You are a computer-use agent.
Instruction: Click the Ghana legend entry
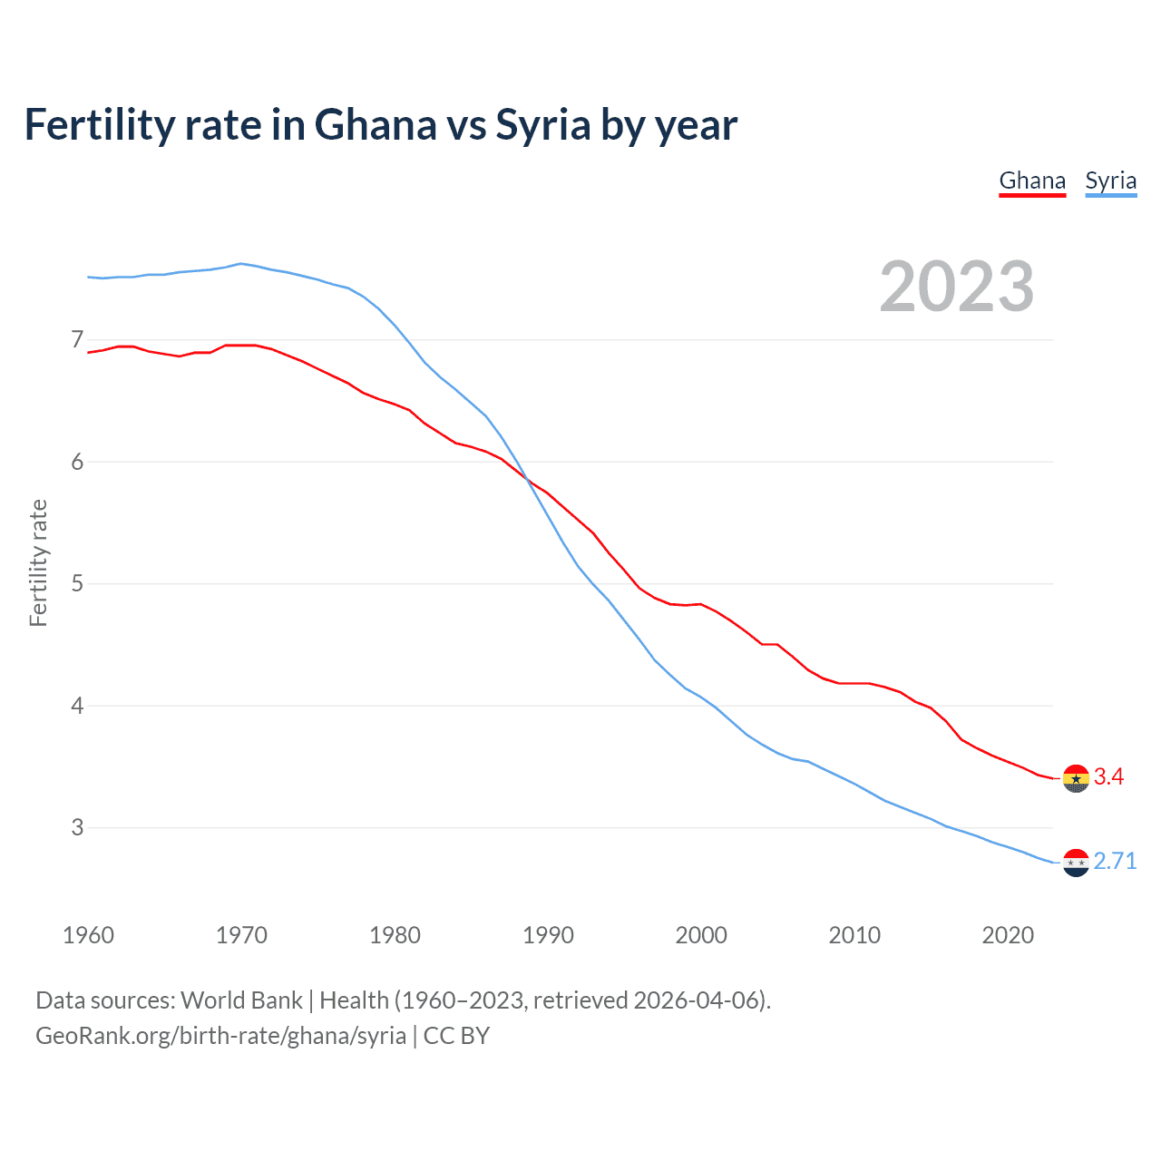coord(1032,180)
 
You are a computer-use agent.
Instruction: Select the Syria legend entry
coord(1110,180)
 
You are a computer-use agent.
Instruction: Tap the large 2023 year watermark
coord(956,287)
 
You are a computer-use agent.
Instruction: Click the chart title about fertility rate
coord(381,124)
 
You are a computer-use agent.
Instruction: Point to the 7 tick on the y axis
coord(77,340)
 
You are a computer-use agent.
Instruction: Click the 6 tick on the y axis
coord(77,462)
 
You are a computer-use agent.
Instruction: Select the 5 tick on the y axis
coord(77,583)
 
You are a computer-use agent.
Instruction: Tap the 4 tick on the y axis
coord(77,706)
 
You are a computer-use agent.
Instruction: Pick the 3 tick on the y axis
coord(77,827)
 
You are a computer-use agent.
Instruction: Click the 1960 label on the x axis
coord(88,935)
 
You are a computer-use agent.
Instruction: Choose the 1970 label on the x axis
coord(241,935)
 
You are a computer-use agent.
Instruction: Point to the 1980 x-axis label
coord(395,935)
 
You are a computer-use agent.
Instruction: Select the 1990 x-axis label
coord(548,935)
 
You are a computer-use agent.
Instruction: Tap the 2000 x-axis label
coord(701,935)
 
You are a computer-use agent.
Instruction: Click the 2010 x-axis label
coord(854,935)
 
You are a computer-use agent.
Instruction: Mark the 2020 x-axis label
coord(1008,935)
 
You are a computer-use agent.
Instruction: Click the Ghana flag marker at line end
coord(1076,778)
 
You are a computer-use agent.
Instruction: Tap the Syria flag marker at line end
coord(1076,863)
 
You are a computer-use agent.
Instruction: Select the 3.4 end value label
coord(1108,776)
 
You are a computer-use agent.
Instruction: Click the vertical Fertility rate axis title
coord(38,562)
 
